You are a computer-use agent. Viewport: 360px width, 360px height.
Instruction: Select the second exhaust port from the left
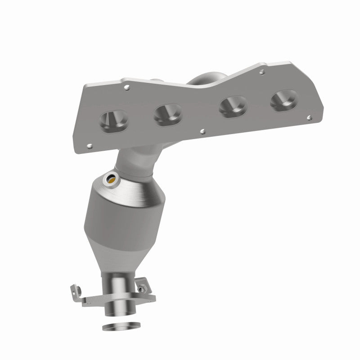pyautogui.click(x=167, y=114)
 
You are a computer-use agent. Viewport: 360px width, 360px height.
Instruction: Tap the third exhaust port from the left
pyautogui.click(x=231, y=108)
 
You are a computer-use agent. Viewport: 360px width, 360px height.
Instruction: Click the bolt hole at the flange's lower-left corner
pyautogui.click(x=90, y=145)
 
